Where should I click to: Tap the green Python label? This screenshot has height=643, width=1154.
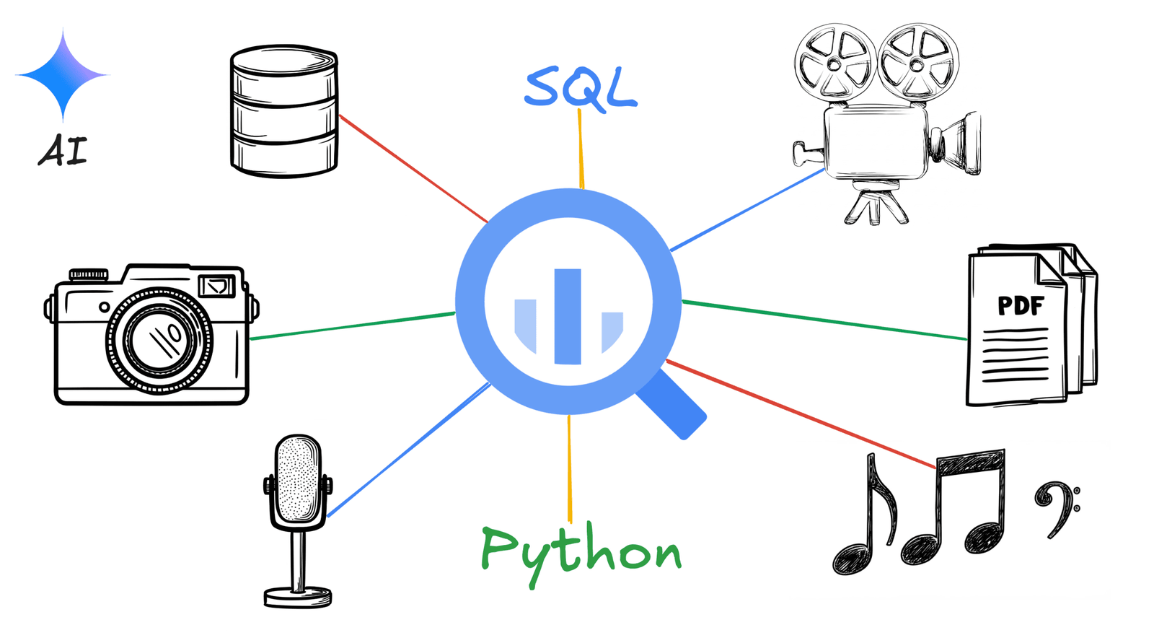point(581,553)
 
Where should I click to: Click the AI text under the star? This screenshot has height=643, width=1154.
point(63,150)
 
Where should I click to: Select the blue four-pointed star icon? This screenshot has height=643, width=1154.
point(63,74)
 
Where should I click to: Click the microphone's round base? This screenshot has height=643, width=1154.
point(298,597)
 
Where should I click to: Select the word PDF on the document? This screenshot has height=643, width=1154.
point(1020,306)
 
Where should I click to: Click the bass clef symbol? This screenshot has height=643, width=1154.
point(1057,508)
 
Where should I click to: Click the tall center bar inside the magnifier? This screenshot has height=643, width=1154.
point(568,316)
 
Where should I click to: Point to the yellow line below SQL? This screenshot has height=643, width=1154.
point(581,148)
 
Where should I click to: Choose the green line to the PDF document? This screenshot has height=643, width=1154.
point(822,320)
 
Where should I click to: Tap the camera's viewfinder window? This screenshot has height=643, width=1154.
point(216,286)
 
